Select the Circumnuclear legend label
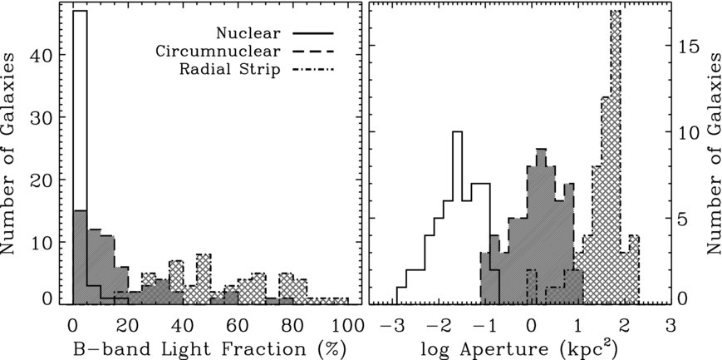coord(226,52)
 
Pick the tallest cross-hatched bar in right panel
coord(615,158)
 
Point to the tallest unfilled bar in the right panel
coord(456,216)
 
